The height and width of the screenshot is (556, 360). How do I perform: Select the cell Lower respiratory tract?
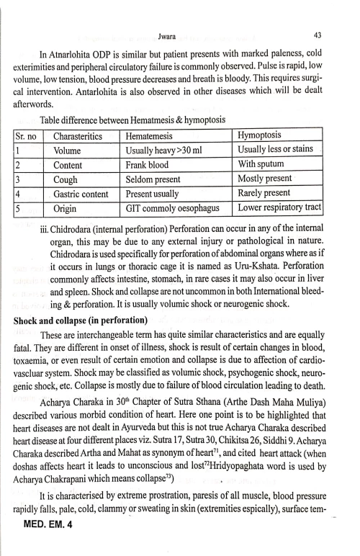[x=279, y=208]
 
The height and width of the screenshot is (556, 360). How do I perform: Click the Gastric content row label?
[x=81, y=194]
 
